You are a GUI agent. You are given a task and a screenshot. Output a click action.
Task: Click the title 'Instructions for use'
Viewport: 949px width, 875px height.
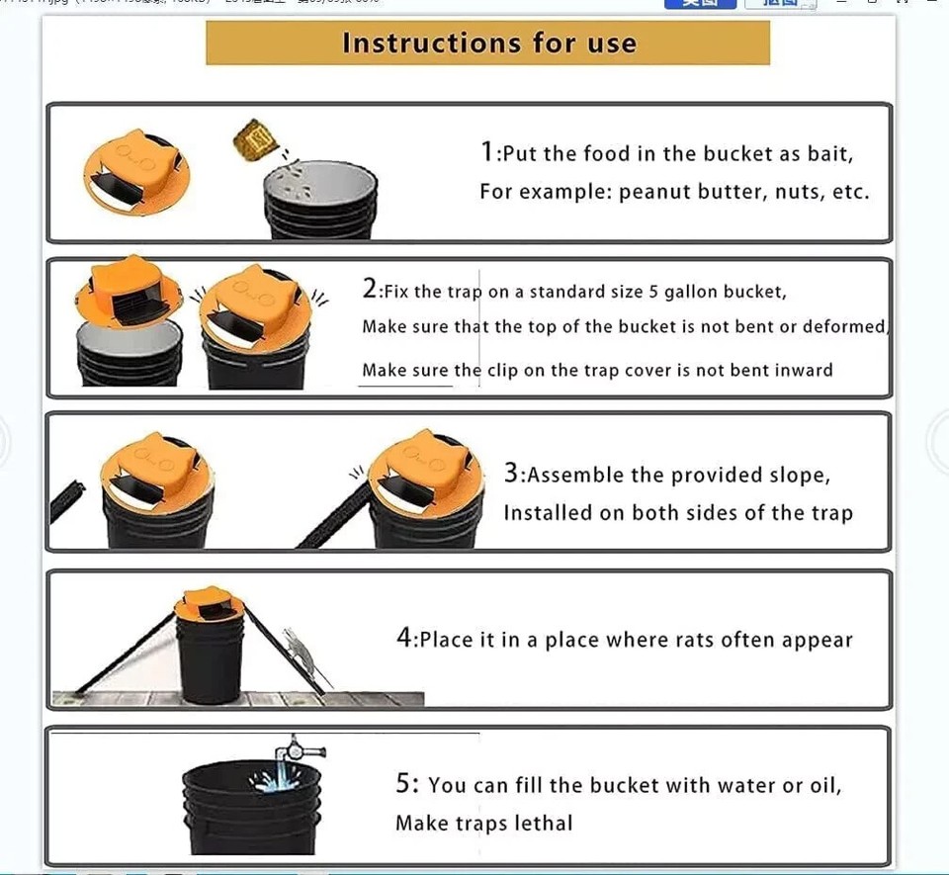click(488, 44)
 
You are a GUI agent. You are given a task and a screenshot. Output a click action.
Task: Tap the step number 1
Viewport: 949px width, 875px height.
click(486, 152)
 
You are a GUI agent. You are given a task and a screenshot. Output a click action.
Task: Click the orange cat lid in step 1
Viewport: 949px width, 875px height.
click(136, 170)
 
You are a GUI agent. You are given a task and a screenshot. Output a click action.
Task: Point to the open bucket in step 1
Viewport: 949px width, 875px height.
click(321, 198)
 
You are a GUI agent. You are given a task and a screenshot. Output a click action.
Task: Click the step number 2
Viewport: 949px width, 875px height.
click(370, 290)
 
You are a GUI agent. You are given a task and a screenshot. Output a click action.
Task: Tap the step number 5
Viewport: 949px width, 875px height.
click(406, 784)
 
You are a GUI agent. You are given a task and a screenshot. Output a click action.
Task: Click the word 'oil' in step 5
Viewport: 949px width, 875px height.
click(821, 785)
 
